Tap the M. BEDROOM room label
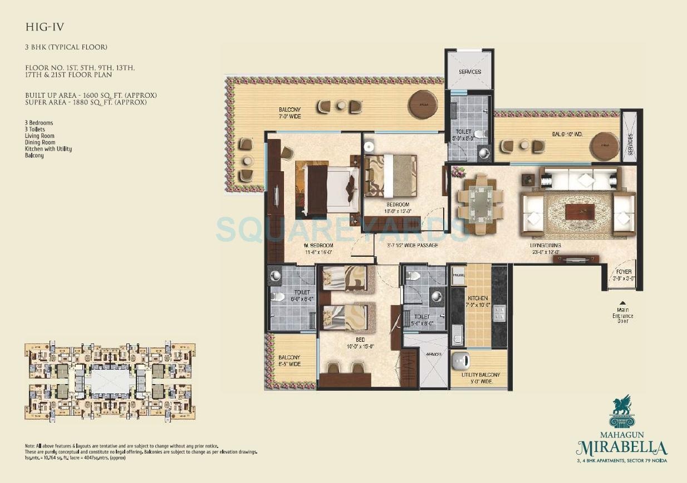tap(318, 246)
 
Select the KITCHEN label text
tap(478, 298)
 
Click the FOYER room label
tap(624, 272)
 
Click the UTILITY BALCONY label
tap(479, 375)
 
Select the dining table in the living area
tap(479, 204)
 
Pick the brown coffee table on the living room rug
tap(580, 212)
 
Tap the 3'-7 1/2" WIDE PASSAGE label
tap(413, 245)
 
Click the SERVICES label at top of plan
tap(470, 72)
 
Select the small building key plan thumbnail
tap(110, 381)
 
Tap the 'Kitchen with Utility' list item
tap(48, 149)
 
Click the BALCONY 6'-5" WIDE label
tap(289, 361)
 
